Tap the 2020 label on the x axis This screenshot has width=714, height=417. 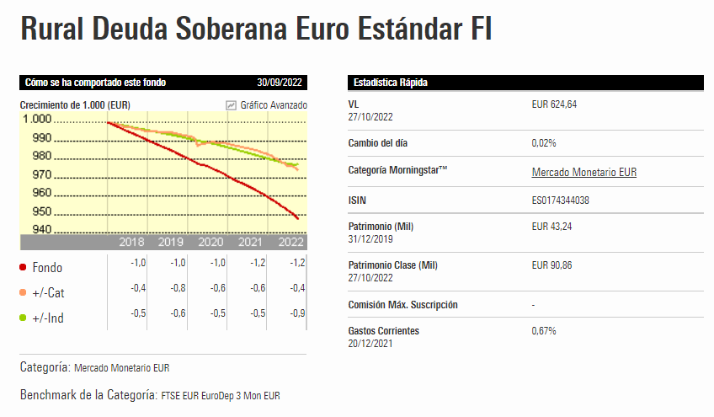210,242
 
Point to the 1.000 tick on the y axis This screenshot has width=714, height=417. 36,118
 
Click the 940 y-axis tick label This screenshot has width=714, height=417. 40,230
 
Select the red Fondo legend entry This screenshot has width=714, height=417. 46,268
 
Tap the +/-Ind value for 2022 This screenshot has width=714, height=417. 296,313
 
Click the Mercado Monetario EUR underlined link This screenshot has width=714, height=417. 583,172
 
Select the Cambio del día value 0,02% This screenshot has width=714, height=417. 544,143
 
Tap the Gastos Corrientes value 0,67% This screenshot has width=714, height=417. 544,331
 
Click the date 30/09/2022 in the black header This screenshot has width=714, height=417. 280,83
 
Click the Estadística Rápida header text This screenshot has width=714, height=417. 391,83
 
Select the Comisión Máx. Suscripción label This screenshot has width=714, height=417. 402,304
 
